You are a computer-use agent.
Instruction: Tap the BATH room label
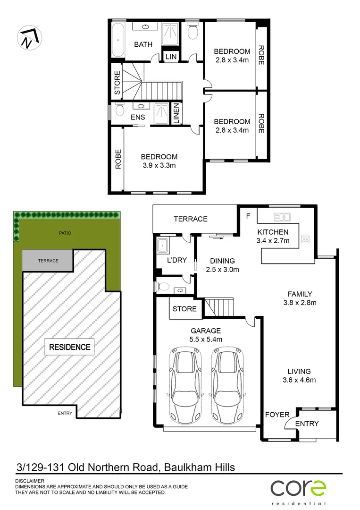coord(143,44)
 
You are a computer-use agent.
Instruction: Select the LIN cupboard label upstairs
coord(170,57)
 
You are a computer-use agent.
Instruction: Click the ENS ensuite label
coord(138,117)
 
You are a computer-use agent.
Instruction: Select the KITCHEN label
coord(273,232)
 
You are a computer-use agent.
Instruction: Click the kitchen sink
coord(282,217)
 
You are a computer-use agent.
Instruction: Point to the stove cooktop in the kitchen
coord(305,239)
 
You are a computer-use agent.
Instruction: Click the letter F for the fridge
coord(248,217)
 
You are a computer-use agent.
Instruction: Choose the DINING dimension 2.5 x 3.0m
coord(223,270)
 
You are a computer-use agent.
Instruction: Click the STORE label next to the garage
coord(184,309)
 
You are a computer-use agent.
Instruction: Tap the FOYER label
coord(277,415)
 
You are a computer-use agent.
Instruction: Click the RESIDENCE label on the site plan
coord(69,347)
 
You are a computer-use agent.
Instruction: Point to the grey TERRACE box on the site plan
coord(48,261)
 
